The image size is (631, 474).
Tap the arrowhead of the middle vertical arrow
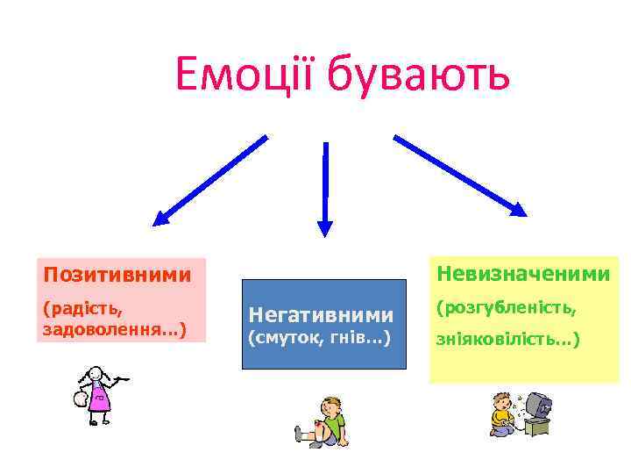[325, 227]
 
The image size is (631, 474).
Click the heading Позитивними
[117, 276]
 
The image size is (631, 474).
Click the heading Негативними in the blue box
[322, 313]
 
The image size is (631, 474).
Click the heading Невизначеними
[522, 275]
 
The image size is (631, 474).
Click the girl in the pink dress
[97, 395]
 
